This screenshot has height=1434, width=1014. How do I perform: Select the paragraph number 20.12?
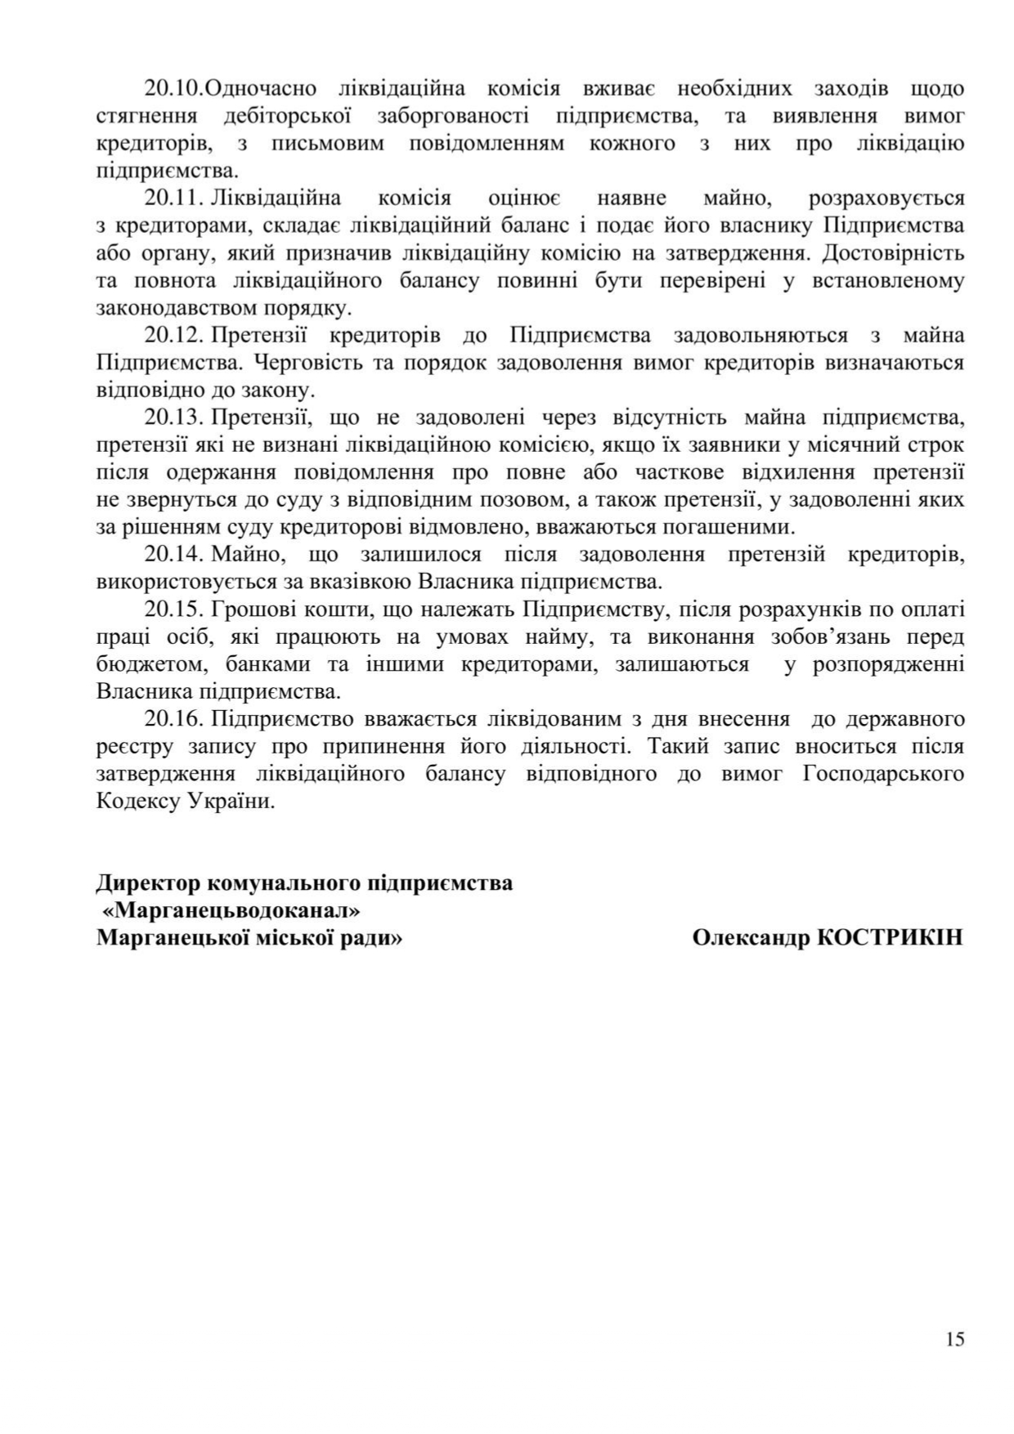click(173, 336)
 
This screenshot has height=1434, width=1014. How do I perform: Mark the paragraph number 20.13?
click(173, 418)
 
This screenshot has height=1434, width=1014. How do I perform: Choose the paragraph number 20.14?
click(173, 555)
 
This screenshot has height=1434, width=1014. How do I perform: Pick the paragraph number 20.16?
click(173, 720)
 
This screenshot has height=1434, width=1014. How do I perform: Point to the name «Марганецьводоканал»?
click(231, 910)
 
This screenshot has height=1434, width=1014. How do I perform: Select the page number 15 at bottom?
click(954, 1338)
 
